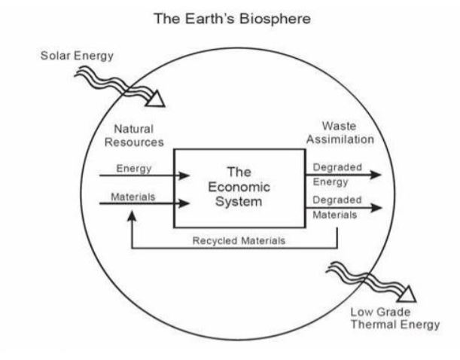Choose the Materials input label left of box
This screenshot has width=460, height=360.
(x=133, y=196)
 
